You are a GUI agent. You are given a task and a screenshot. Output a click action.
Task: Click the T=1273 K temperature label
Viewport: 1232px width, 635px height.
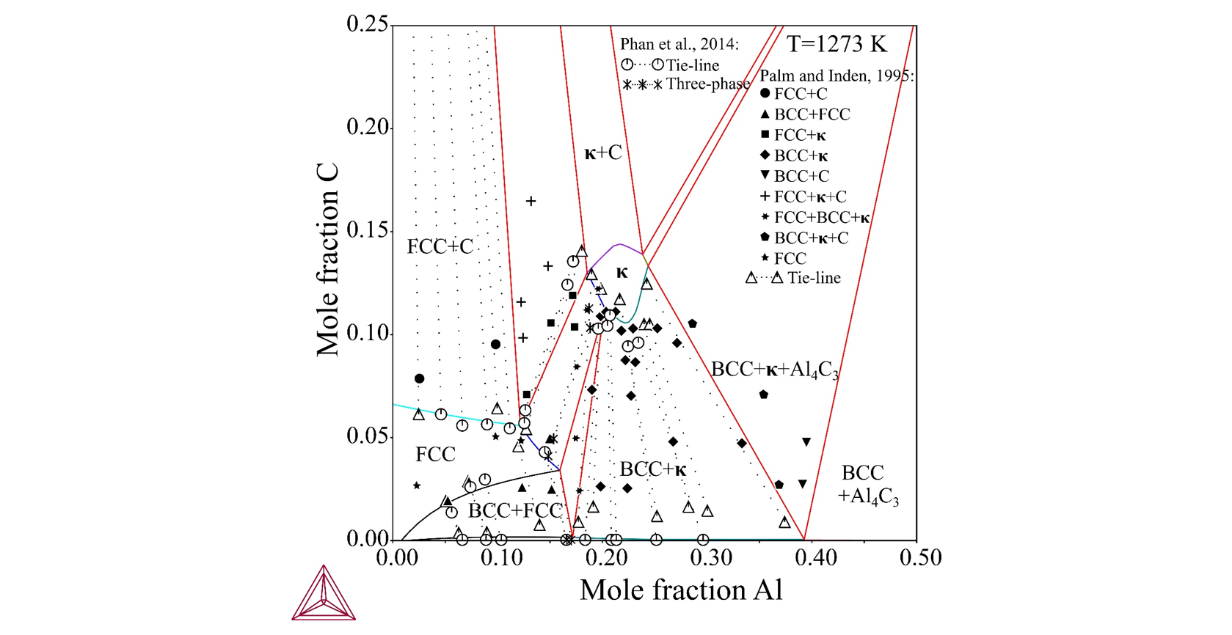(x=836, y=45)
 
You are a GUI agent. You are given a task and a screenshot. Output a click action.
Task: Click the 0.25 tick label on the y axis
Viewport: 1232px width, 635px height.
(x=368, y=24)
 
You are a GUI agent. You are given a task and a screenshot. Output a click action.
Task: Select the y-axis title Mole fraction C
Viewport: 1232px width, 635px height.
(x=328, y=260)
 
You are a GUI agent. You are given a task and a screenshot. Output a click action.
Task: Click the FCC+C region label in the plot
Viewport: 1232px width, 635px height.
(x=440, y=247)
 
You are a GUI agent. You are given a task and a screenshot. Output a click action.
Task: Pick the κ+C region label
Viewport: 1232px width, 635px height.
(x=602, y=153)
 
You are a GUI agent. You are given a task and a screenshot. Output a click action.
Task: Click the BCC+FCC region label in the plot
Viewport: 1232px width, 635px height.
(x=514, y=510)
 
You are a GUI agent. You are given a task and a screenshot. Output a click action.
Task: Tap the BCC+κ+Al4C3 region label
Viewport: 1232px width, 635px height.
(x=774, y=370)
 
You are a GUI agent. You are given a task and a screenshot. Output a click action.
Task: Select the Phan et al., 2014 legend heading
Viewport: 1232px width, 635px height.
(x=679, y=45)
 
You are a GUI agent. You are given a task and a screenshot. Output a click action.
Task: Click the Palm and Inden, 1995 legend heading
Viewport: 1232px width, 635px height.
(x=836, y=76)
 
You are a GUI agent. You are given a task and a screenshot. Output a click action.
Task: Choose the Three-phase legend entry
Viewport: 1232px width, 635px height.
(x=707, y=84)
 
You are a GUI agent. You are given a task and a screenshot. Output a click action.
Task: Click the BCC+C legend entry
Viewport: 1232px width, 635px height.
(x=801, y=176)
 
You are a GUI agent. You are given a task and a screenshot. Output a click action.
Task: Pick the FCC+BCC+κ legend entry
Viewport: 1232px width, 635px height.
(x=822, y=217)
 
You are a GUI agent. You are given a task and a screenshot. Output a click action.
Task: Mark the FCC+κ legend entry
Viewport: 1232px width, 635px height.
(x=800, y=135)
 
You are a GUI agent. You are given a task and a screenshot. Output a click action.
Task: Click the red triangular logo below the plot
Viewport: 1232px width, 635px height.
(x=323, y=593)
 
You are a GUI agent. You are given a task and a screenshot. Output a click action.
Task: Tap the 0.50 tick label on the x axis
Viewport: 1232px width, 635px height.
(x=920, y=558)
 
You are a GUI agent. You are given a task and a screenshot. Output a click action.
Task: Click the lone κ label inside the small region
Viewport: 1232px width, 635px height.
(x=622, y=273)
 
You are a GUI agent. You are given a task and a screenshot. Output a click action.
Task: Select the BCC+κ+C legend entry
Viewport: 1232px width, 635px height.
(x=811, y=238)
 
